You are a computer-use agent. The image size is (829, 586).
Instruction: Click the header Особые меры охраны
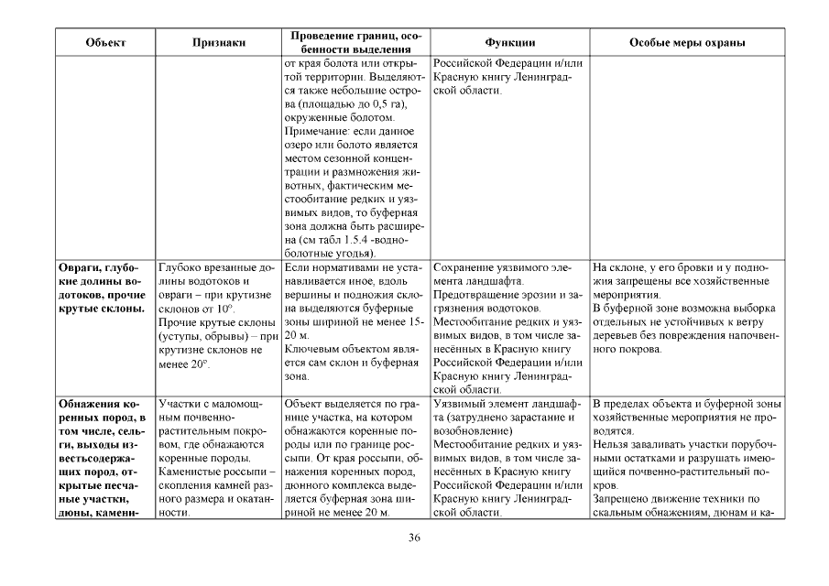pyautogui.click(x=687, y=42)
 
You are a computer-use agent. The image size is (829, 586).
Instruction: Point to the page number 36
pyautogui.click(x=414, y=537)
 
